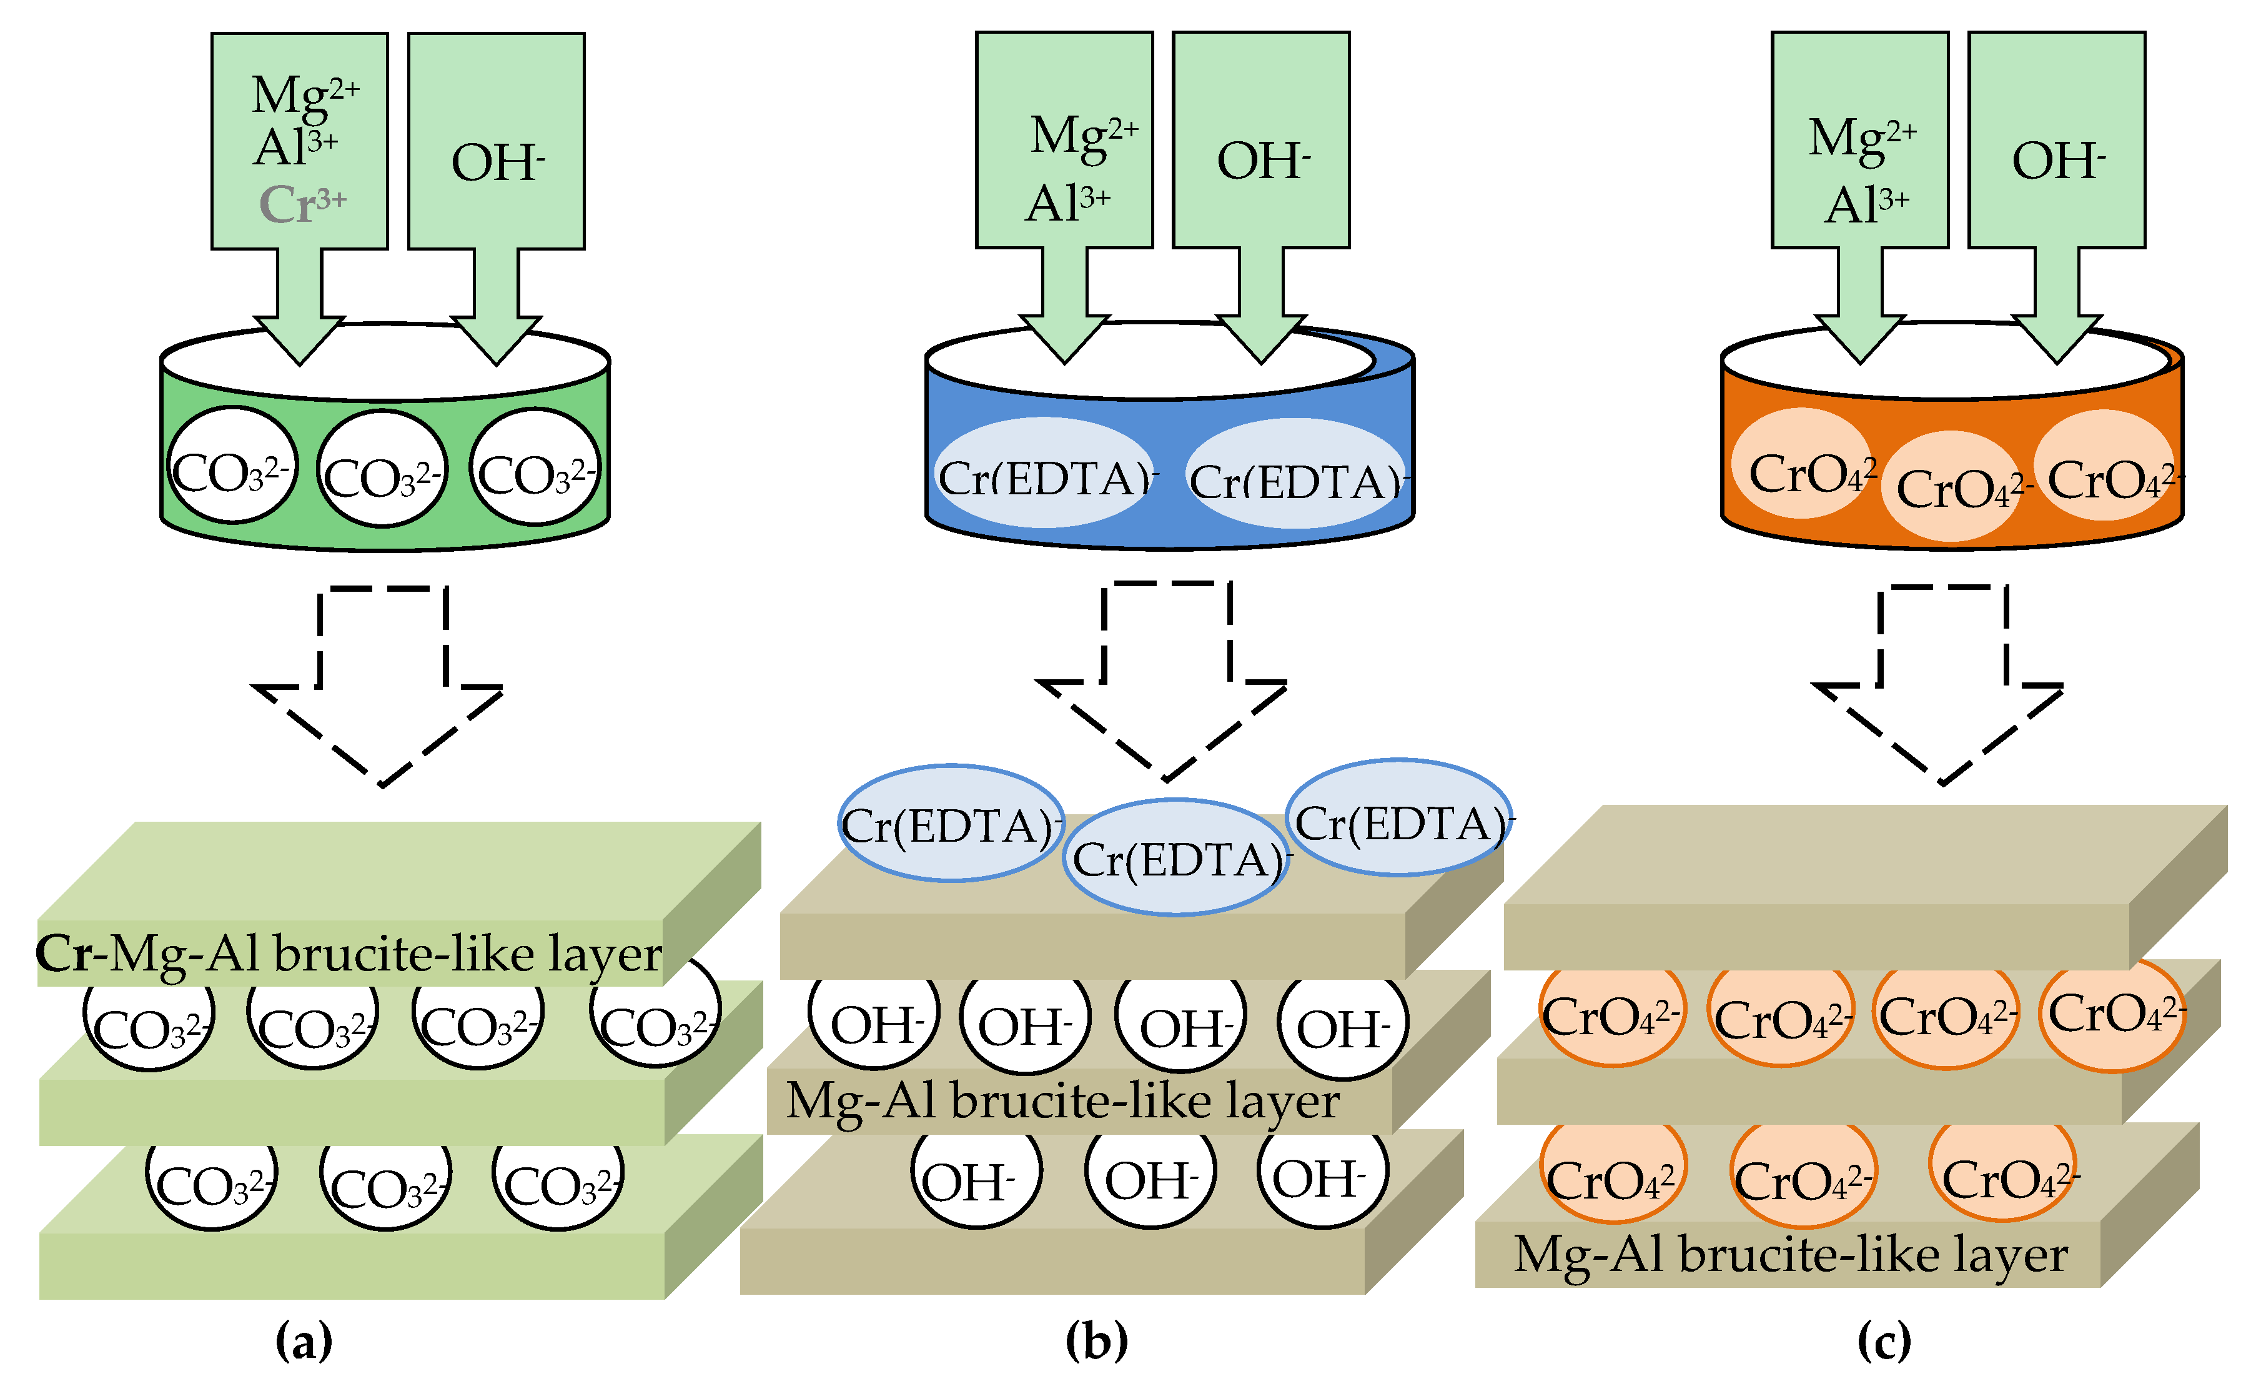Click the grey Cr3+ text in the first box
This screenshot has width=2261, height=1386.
point(302,204)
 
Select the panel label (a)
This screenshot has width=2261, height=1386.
point(304,1341)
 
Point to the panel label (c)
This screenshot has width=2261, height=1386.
point(1884,1341)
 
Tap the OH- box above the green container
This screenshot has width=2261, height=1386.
point(497,142)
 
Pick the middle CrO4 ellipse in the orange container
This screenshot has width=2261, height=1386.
point(1952,487)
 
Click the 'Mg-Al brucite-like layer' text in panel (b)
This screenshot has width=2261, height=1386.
point(1062,1100)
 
